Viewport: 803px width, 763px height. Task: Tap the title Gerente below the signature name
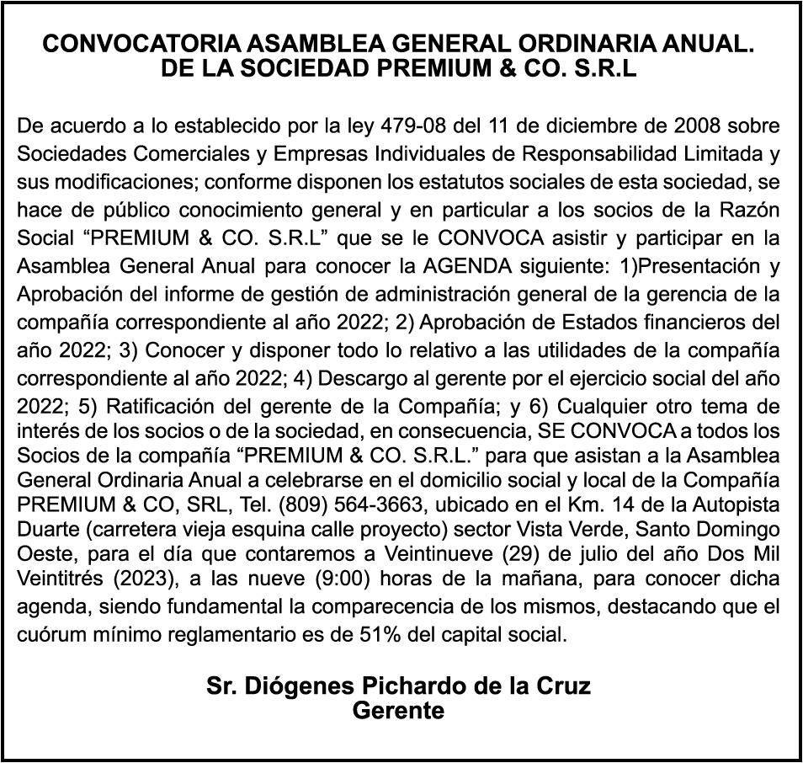398,712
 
